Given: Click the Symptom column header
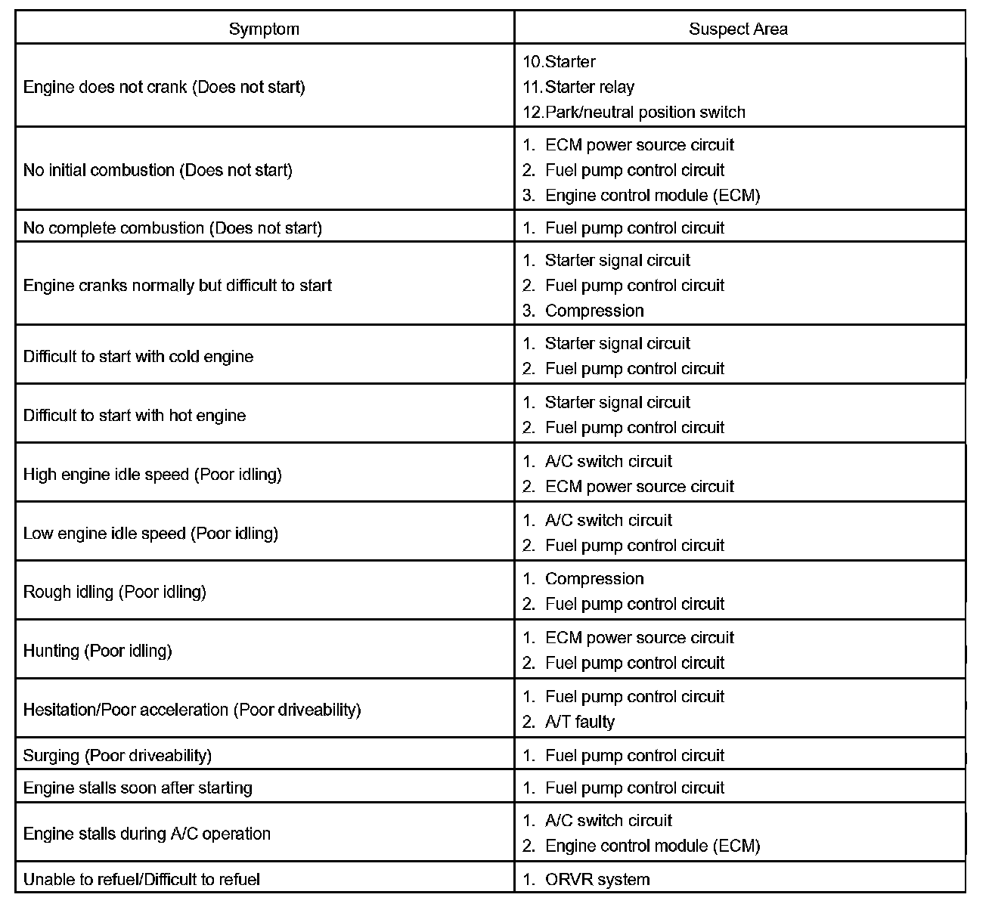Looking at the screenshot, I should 264,29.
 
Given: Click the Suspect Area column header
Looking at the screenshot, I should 738,29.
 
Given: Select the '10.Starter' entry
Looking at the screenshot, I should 560,62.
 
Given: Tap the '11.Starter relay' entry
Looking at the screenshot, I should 579,87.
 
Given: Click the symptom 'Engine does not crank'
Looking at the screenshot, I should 164,87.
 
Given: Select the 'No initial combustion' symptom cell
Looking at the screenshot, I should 157,170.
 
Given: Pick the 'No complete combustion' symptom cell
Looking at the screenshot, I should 172,228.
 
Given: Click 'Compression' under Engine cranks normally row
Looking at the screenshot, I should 594,311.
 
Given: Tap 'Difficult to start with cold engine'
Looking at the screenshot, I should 138,357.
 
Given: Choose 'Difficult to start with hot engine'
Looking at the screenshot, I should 135,416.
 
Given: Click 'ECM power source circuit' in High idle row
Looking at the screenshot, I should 639,487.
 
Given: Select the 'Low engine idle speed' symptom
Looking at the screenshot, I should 150,534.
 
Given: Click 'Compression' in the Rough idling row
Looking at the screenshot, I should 594,579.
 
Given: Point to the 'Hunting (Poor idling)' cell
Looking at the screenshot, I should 98,651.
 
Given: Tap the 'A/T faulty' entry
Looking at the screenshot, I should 579,722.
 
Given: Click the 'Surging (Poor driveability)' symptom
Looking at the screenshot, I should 117,756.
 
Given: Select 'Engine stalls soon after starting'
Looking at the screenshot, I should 138,788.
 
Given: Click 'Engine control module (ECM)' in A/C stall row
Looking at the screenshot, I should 652,846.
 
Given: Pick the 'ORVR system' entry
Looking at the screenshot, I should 597,880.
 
